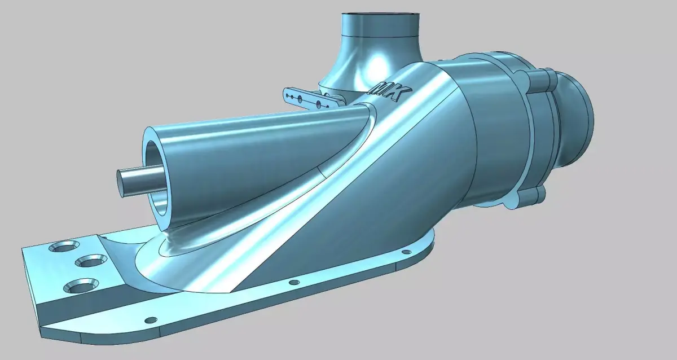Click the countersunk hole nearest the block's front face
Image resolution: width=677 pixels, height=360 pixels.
pyautogui.click(x=81, y=286)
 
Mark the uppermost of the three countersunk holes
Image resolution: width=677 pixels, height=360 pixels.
pyautogui.click(x=67, y=247)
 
